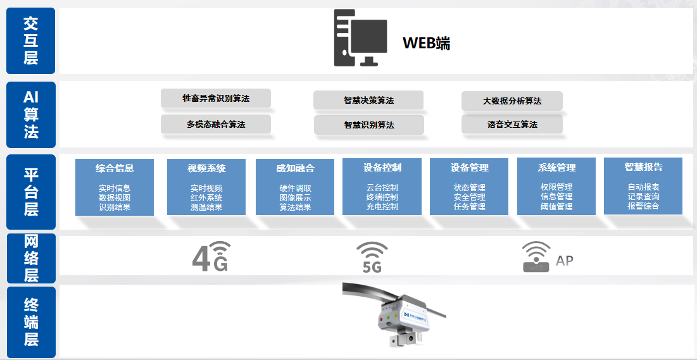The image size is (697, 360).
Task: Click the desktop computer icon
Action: click(360, 38)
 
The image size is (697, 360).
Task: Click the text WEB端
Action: click(426, 43)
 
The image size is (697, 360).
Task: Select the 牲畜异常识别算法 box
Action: click(216, 98)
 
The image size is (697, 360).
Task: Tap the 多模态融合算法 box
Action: click(216, 125)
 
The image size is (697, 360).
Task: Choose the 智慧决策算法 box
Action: click(368, 101)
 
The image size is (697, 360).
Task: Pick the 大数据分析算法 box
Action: click(512, 101)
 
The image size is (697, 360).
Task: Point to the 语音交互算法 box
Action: click(512, 125)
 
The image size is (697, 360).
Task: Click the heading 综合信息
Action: click(115, 168)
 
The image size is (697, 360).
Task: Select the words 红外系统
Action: click(206, 198)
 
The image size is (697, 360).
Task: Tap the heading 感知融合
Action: click(295, 168)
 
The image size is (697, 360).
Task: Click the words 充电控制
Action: click(382, 207)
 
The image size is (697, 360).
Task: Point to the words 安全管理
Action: click(469, 197)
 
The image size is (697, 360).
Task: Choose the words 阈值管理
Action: click(556, 207)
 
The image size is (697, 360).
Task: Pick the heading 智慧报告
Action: click(643, 167)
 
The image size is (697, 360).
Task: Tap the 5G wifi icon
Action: click(372, 257)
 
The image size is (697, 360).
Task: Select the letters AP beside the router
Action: click(565, 261)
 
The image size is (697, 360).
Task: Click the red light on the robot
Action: click(381, 318)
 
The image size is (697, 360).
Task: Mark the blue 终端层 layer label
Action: click(30, 322)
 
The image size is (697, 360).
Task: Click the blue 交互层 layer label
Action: click(30, 41)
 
